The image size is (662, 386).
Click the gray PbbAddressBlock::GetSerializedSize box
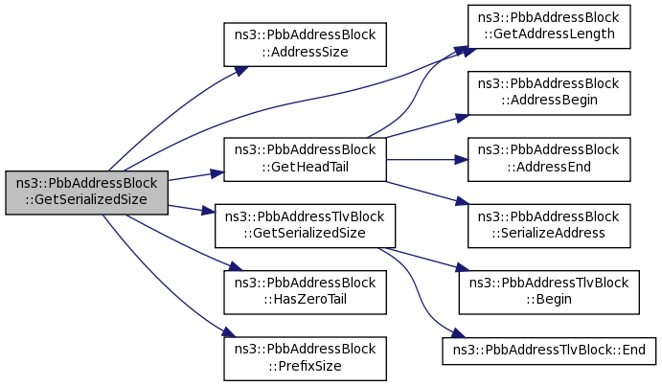coord(86,193)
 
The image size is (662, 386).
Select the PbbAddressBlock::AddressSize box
coord(305,44)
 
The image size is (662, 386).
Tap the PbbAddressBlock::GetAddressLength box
coord(549,27)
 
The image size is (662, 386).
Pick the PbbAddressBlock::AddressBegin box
coord(549,93)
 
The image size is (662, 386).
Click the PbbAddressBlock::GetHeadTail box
coord(305,160)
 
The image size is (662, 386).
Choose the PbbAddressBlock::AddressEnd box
coord(549,160)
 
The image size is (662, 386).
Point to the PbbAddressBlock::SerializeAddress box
coord(549,226)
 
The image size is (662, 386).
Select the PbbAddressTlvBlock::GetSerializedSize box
coord(305,226)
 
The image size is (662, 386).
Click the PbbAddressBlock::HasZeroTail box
coord(305,292)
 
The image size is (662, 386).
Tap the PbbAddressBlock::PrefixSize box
coord(305,358)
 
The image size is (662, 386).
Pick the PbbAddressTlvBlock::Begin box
coord(549,292)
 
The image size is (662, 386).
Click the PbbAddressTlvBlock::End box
coord(549,351)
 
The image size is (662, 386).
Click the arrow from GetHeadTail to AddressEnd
coord(427,160)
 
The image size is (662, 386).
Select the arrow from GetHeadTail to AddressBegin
coord(427,126)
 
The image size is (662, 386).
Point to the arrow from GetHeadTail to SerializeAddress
coord(427,193)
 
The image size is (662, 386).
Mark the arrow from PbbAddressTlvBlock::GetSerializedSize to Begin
coord(423,260)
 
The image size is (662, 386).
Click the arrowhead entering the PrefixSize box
coord(229,331)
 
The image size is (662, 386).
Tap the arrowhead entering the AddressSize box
coord(241,71)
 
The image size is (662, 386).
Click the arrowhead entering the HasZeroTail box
coord(236,266)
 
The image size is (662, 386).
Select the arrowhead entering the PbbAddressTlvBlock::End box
coord(458,332)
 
